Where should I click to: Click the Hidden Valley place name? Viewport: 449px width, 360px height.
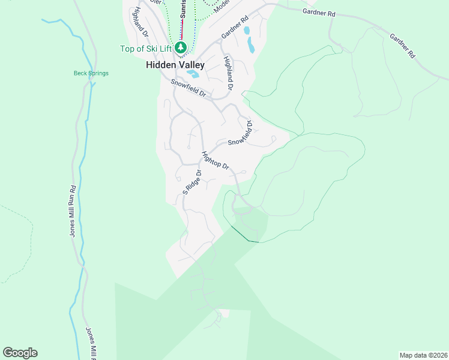(175, 65)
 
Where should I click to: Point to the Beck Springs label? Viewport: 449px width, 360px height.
(91, 74)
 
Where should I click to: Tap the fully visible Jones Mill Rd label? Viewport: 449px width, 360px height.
(72, 211)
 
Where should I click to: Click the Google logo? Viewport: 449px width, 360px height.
(20, 353)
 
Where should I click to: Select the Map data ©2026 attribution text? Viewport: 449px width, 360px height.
(423, 354)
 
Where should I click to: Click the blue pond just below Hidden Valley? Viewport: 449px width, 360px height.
(193, 74)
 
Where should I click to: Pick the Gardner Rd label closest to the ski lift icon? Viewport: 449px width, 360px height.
(234, 28)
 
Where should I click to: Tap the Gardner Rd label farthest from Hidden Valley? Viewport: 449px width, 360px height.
(402, 45)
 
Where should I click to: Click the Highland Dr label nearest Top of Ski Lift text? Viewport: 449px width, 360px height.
(138, 20)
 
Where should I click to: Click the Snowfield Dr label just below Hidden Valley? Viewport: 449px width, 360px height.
(188, 89)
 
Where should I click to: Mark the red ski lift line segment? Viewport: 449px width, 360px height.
(181, 30)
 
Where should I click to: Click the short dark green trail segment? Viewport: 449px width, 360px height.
(244, 235)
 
